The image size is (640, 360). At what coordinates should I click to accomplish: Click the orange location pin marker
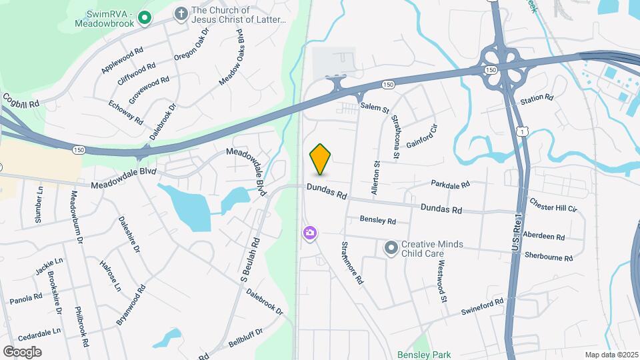[x=320, y=159]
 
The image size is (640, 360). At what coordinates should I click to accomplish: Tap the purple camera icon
[x=310, y=233]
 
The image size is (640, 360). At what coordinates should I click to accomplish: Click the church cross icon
[x=180, y=13]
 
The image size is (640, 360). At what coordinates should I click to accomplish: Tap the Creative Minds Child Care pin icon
[x=391, y=248]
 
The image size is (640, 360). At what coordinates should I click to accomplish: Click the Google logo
[x=22, y=351]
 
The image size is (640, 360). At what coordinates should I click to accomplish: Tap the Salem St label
[x=374, y=107]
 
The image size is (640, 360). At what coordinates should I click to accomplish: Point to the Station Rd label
[x=537, y=98]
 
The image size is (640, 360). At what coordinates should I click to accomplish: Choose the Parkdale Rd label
[x=450, y=183]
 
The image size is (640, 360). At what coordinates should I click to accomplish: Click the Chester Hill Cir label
[x=553, y=205]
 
